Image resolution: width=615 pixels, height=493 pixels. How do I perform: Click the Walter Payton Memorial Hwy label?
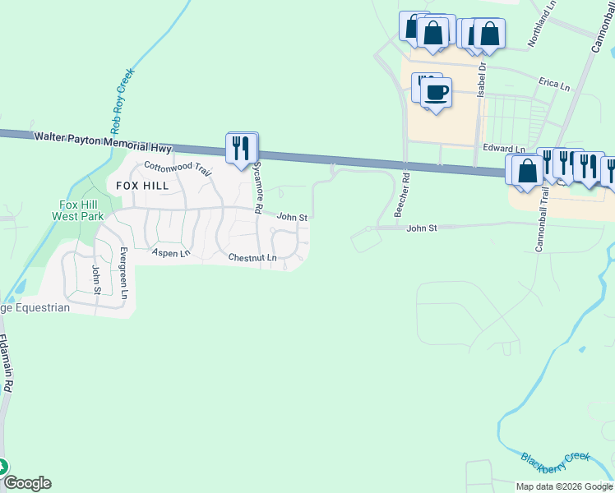[x=102, y=141]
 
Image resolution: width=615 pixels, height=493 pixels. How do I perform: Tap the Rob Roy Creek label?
[x=122, y=101]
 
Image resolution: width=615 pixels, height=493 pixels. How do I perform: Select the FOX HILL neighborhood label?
[x=142, y=186]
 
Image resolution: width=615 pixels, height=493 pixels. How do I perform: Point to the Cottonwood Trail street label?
[x=178, y=169]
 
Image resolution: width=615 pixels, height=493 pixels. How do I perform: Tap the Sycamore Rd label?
[x=257, y=187]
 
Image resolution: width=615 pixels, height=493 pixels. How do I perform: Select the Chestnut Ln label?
[x=252, y=258]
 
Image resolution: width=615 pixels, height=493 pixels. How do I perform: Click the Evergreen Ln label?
[x=124, y=272]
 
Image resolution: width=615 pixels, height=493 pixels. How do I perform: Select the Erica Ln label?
[x=553, y=84]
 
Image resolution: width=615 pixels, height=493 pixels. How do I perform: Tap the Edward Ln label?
[x=497, y=148]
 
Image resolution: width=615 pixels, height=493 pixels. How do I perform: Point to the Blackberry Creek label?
[x=556, y=458]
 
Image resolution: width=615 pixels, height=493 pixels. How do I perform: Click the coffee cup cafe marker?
[x=436, y=92]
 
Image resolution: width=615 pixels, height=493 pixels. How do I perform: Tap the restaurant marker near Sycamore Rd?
[x=242, y=149]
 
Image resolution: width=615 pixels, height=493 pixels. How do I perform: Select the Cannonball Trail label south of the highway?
[x=541, y=219]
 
